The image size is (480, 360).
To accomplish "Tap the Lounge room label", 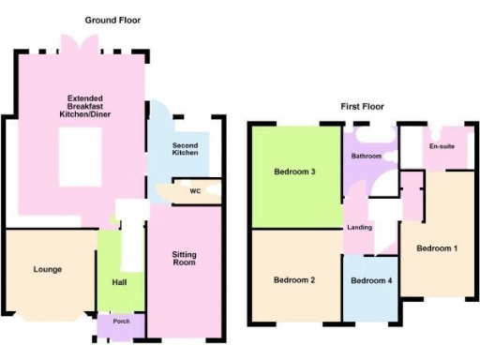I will (48, 269).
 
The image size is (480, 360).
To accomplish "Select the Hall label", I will (119, 280).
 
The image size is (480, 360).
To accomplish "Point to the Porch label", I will (122, 326).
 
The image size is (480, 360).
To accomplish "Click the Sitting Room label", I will (185, 259).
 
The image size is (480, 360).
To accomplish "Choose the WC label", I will (195, 191).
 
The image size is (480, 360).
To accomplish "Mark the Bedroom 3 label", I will (294, 172).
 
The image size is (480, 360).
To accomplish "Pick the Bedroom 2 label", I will (294, 279).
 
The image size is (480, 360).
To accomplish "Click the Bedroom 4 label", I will (370, 280).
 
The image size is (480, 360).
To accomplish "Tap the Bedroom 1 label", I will (437, 248).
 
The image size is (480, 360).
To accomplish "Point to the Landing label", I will (360, 228).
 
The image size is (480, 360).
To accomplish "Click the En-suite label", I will (442, 147).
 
